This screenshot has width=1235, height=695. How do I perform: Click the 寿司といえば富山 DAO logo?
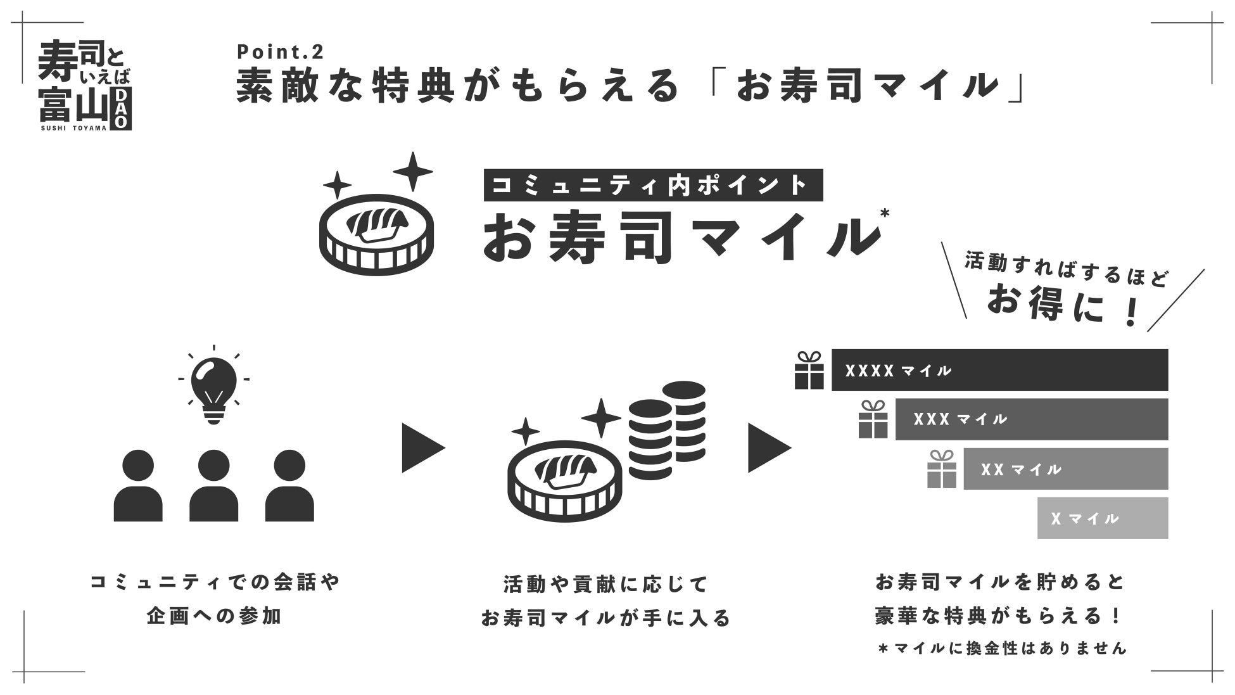click(85, 86)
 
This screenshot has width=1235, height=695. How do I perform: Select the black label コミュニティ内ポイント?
click(653, 185)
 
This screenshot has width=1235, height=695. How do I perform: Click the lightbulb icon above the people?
click(213, 386)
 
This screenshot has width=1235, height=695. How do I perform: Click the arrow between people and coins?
click(422, 449)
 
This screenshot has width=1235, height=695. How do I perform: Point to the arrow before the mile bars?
click(769, 449)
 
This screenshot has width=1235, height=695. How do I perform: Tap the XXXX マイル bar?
click(999, 370)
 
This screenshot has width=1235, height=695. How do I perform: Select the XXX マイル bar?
click(1030, 419)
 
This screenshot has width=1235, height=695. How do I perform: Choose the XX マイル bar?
click(1065, 469)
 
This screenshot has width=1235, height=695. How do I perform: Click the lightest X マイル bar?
click(1102, 518)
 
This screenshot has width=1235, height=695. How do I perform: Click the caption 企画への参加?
click(213, 616)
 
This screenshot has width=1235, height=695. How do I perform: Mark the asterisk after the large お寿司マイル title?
click(884, 214)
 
